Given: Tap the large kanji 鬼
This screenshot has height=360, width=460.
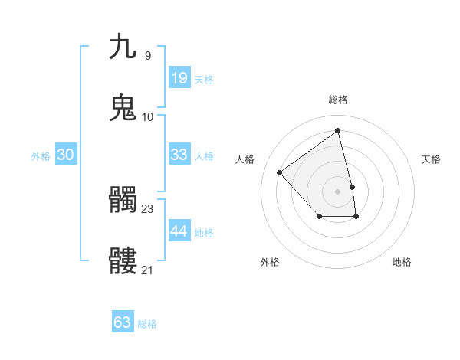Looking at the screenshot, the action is (x=123, y=108).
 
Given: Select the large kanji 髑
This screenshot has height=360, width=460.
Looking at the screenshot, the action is (x=123, y=201).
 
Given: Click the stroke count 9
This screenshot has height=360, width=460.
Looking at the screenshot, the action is (x=147, y=55).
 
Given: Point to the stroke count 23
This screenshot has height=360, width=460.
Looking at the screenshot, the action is (x=148, y=208).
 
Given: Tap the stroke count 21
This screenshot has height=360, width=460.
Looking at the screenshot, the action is (x=148, y=270).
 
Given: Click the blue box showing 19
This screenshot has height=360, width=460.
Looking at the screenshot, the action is (x=179, y=77).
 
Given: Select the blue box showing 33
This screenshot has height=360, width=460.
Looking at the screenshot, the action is (x=179, y=155).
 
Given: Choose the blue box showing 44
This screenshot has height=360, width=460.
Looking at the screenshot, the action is (x=179, y=231).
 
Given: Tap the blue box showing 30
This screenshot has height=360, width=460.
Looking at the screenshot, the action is (x=65, y=155).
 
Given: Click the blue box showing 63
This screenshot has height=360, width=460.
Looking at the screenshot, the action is (x=122, y=322).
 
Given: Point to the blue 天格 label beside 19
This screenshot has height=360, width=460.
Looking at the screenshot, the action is (x=204, y=80).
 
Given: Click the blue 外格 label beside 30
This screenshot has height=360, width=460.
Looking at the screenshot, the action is (x=41, y=156).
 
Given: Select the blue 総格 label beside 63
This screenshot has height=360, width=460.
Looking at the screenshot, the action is (x=147, y=324).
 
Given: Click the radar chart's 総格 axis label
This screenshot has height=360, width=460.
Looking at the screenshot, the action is (x=337, y=100).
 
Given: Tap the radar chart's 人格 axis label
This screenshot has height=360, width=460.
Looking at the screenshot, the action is (x=245, y=159).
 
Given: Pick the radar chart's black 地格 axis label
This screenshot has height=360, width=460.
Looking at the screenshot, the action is (x=402, y=262).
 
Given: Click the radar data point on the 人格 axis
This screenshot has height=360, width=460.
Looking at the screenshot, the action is (x=280, y=172).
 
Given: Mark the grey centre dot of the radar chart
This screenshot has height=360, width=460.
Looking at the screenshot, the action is (x=337, y=190).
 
